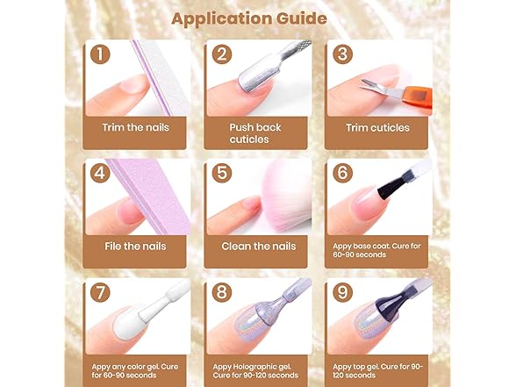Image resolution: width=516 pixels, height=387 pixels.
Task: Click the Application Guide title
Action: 249,18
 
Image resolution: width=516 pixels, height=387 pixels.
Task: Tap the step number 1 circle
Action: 100,54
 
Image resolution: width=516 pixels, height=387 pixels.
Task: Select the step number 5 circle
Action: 222,173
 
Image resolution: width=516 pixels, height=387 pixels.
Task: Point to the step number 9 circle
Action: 342,292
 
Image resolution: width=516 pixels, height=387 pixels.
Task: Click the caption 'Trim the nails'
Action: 135,128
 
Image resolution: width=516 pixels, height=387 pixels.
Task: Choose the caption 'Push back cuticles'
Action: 255,133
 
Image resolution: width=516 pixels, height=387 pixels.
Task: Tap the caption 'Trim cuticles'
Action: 377,128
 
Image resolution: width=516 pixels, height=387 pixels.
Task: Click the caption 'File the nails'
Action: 135,246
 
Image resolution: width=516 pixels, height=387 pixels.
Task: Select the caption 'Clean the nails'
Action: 259,246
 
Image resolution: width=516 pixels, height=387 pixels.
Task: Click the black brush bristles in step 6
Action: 391,189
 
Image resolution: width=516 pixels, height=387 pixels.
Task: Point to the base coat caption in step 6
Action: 376,250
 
